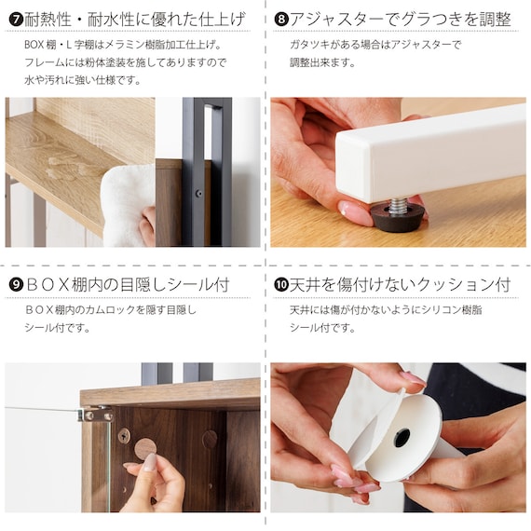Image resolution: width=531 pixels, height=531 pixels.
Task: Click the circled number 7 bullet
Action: tap(16, 20)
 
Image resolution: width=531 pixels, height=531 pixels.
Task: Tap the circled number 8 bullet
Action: tap(281, 20)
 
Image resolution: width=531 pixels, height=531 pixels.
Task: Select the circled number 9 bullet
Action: tap(16, 284)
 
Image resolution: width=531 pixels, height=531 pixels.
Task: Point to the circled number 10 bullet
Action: tap(281, 284)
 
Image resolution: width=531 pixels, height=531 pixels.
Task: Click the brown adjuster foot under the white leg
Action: tap(397, 217)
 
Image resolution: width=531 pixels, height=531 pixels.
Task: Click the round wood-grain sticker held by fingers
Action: tap(145, 448)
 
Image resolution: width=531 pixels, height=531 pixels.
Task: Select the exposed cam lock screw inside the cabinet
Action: tap(124, 435)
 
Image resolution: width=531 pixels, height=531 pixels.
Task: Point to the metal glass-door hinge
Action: tap(96, 414)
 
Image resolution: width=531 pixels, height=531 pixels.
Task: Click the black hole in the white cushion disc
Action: tap(402, 438)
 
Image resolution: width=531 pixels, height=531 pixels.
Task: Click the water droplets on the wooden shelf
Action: tap(65, 168)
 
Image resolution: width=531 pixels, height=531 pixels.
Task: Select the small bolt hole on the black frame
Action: tap(199, 194)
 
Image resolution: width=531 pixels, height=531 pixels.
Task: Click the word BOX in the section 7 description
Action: tap(34, 45)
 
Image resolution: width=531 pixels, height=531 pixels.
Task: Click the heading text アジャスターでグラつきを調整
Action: tap(400, 20)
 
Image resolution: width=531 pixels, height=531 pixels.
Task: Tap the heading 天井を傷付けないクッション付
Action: tap(400, 284)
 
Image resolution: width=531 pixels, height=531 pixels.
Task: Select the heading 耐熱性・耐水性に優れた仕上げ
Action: tap(135, 20)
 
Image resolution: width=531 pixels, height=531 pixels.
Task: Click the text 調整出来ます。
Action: tap(322, 62)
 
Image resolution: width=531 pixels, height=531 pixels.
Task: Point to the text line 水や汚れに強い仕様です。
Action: tap(83, 80)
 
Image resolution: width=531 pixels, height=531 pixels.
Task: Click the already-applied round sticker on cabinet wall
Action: tap(210, 439)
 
